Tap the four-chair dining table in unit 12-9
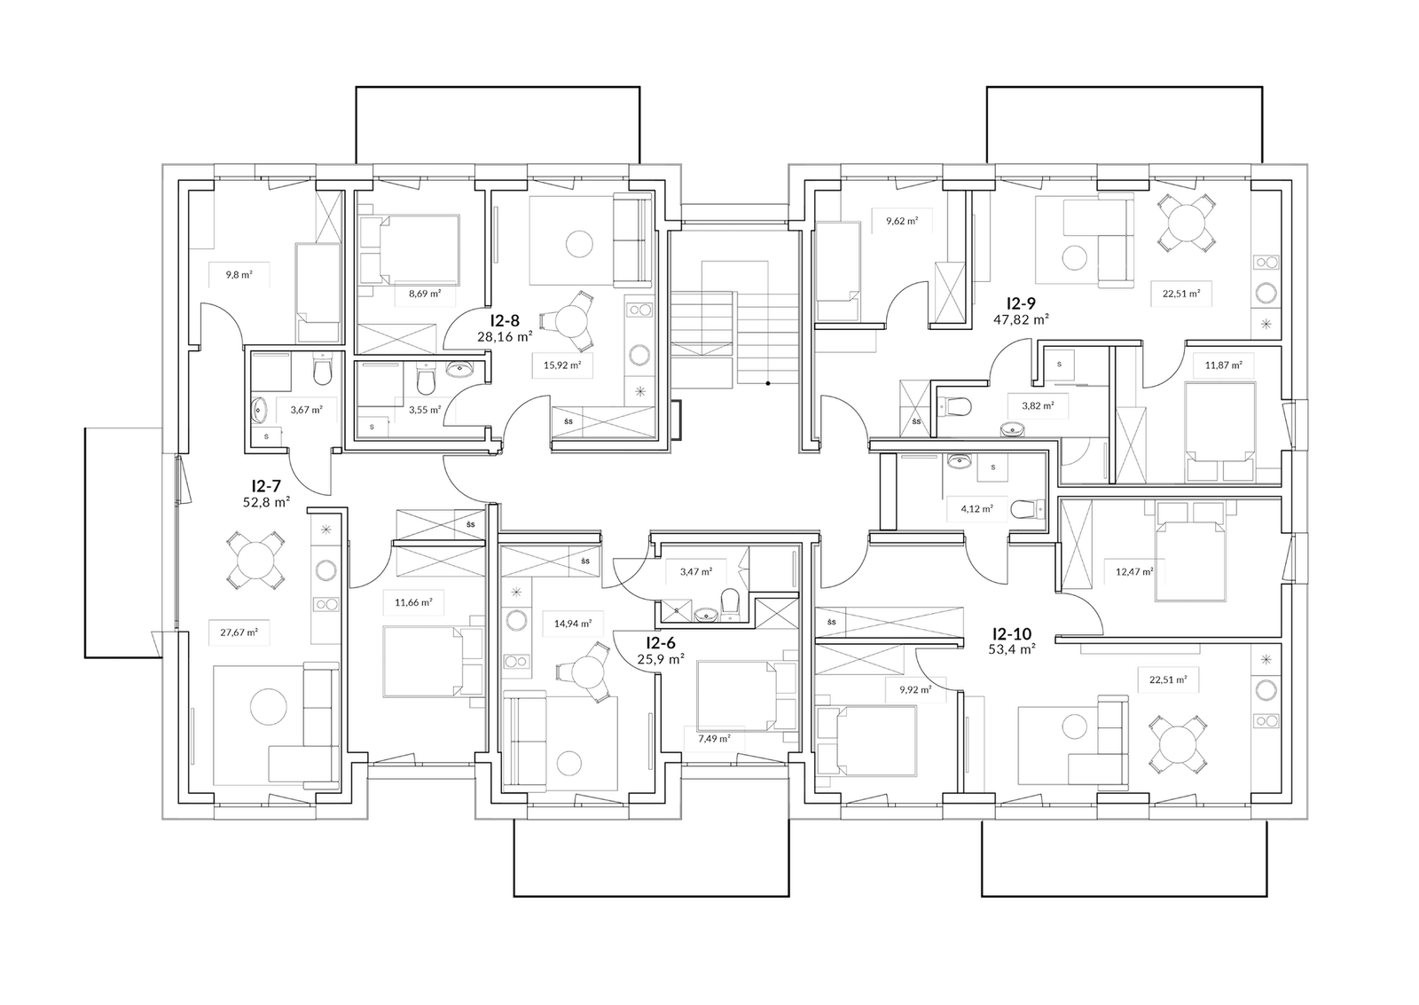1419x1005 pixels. (x=1188, y=224)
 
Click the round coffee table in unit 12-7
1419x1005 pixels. (x=268, y=708)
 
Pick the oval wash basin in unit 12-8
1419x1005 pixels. (x=462, y=372)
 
